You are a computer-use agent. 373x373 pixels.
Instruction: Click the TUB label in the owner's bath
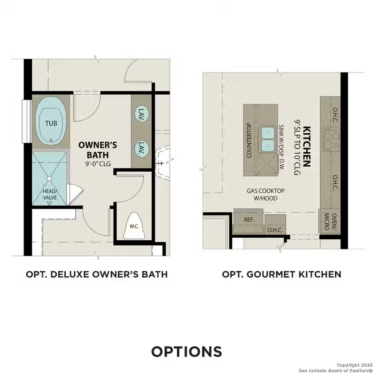pos(51,123)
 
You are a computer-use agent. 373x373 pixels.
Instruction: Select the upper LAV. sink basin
pos(141,113)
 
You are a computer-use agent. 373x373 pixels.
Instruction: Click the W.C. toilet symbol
pos(135,226)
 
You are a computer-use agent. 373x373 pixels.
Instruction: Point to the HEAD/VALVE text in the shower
pos(49,194)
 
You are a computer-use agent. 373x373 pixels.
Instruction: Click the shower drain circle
pos(49,179)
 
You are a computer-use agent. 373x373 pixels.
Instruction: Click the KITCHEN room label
pos(306,146)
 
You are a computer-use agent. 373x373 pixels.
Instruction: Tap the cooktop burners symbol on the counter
pos(331,138)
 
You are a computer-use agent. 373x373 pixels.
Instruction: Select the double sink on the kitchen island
pos(268,138)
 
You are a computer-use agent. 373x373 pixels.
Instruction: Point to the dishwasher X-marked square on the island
pos(268,165)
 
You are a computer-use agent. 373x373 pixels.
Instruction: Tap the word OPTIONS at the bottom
pos(186,351)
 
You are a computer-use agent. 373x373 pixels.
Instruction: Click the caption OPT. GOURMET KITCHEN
pos(281,274)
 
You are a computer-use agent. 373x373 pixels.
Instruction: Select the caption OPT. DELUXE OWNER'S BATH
pos(97,274)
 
